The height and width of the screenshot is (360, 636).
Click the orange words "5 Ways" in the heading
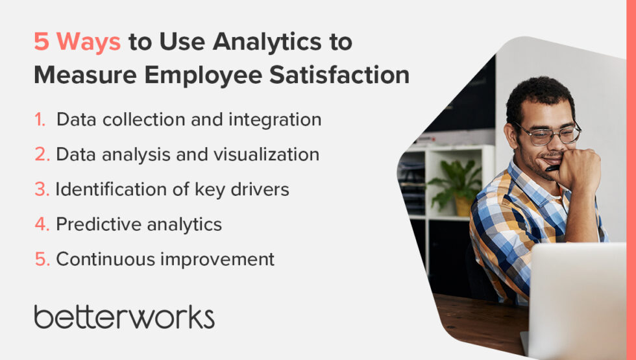[x=77, y=42]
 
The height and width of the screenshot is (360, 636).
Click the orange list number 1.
[x=40, y=120]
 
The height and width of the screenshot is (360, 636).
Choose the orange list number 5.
[x=42, y=259]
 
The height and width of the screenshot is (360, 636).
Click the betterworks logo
[x=124, y=317]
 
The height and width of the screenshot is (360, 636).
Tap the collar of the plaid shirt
[x=519, y=178]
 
